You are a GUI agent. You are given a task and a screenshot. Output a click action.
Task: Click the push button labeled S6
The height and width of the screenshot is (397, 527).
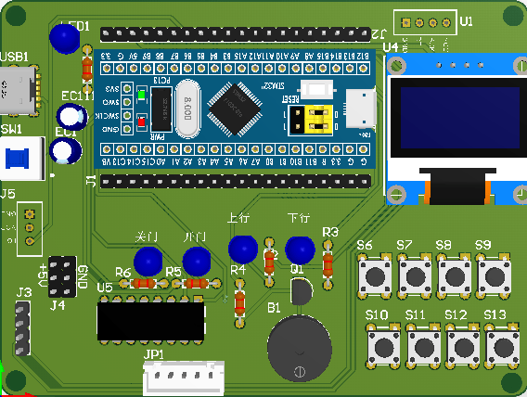(377, 275)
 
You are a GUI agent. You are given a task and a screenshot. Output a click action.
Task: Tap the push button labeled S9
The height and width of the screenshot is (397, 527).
(495, 275)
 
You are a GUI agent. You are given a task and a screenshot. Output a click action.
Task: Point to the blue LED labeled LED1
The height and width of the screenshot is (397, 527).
(64, 38)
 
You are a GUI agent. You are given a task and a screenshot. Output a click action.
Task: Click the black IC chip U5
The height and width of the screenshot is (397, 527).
(151, 321)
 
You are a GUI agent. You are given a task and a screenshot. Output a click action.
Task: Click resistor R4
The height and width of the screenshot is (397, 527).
(239, 302)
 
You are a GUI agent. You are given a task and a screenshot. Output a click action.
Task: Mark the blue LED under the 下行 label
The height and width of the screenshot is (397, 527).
(299, 250)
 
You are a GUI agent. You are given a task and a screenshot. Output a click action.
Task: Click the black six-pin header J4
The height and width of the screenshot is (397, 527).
(62, 275)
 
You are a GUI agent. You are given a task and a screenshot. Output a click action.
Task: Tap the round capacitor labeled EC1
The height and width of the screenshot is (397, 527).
(67, 151)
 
